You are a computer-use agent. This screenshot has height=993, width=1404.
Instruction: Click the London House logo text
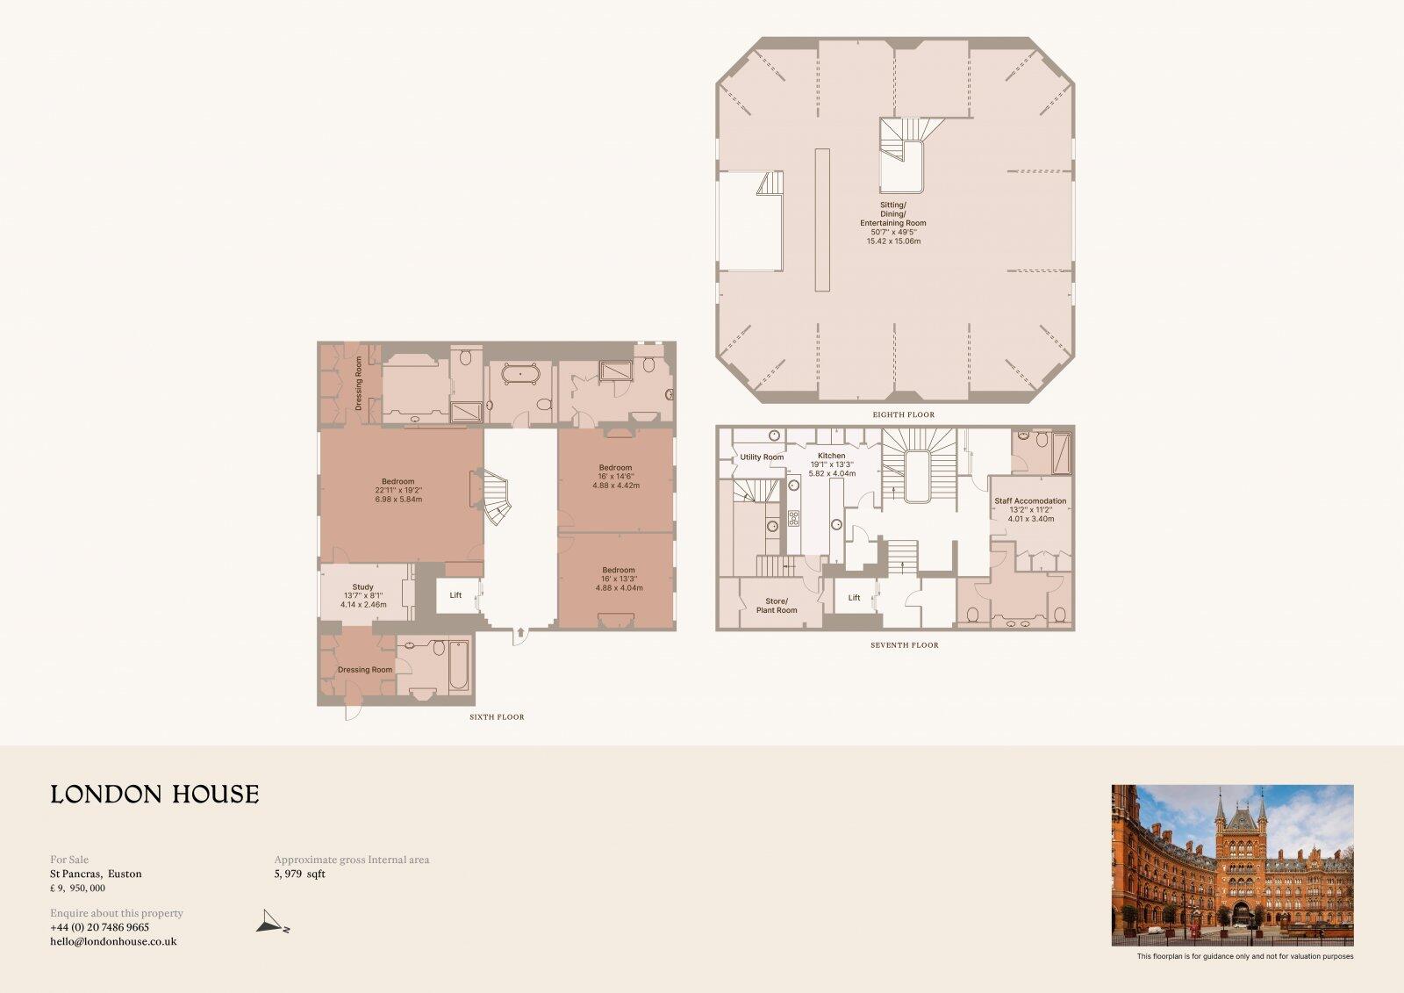click(x=154, y=795)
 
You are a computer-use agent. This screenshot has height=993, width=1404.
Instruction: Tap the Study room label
click(x=363, y=587)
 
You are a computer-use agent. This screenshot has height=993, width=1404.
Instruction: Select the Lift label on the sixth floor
click(x=455, y=595)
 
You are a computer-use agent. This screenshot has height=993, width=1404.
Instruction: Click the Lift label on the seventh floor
click(x=854, y=598)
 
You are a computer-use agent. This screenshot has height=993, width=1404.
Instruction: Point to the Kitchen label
click(x=831, y=456)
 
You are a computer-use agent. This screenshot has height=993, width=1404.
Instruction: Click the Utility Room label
click(x=762, y=457)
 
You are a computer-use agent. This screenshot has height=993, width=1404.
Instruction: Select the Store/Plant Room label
click(x=777, y=606)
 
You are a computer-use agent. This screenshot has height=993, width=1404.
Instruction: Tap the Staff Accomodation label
click(x=1030, y=501)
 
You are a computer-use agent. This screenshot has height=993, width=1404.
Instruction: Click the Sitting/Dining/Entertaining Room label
click(x=893, y=214)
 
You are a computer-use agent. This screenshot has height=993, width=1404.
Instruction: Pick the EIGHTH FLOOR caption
click(x=903, y=414)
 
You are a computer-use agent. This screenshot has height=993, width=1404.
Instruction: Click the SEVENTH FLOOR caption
click(x=904, y=645)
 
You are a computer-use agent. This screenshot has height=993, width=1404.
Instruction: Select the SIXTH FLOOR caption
click(x=497, y=717)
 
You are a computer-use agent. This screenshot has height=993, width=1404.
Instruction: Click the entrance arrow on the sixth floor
click(x=520, y=630)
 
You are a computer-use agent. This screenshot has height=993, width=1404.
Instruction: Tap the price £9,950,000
click(x=77, y=889)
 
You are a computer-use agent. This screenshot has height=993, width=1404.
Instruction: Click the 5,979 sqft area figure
click(x=299, y=874)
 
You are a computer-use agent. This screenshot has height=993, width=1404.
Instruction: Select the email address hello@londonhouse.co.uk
click(x=113, y=941)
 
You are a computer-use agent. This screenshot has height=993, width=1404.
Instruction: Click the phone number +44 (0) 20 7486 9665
click(x=99, y=927)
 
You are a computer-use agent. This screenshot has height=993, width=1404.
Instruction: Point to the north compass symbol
click(x=272, y=923)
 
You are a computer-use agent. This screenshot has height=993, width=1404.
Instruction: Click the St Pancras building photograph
click(x=1232, y=865)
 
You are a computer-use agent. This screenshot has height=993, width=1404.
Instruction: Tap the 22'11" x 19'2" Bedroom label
click(x=398, y=490)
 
